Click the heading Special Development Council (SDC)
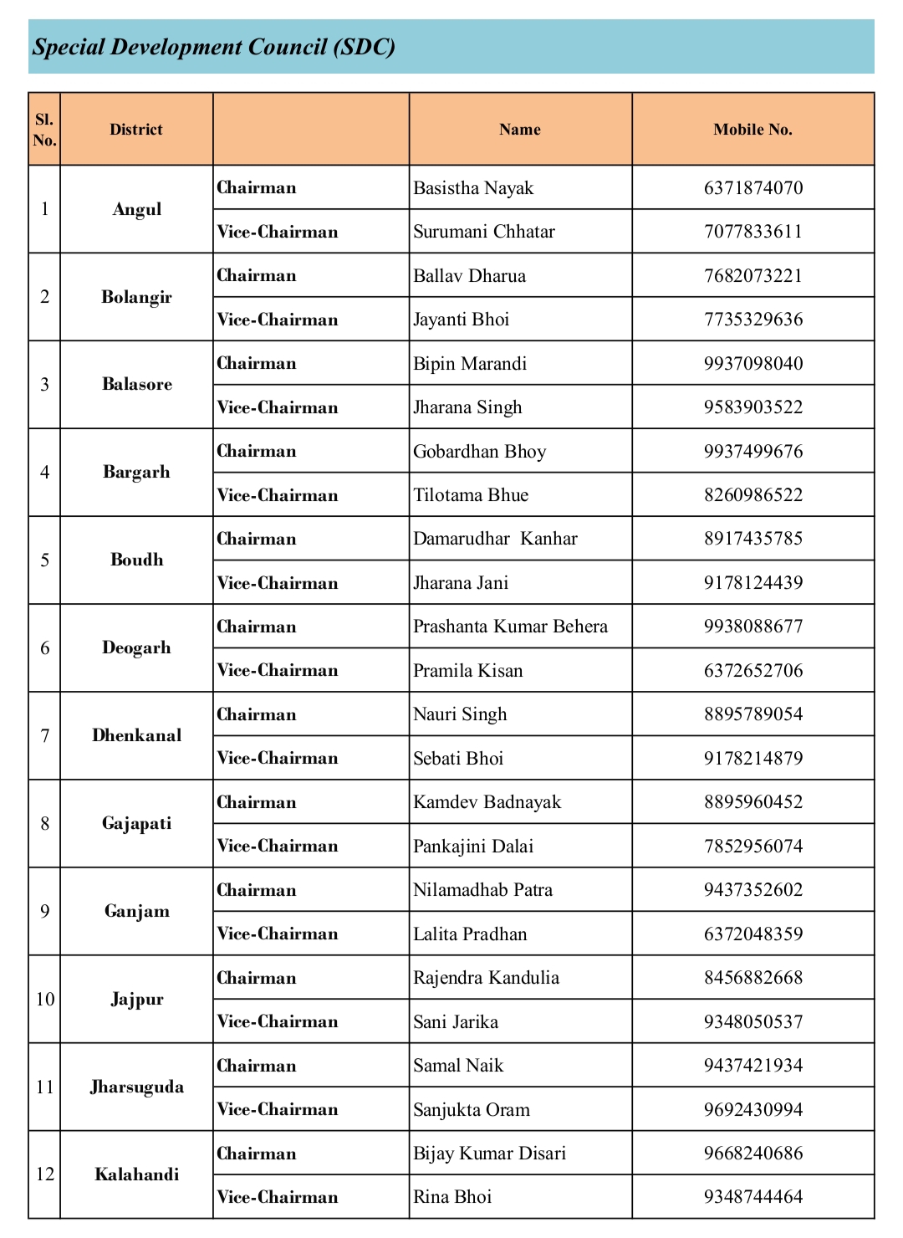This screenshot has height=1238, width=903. (214, 47)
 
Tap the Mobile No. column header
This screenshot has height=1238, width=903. (752, 130)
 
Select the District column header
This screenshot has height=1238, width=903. (136, 130)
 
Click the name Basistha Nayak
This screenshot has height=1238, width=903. (473, 188)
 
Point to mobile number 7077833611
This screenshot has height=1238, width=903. (752, 232)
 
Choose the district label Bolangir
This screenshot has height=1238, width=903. (136, 297)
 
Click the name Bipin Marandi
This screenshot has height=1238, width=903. (470, 364)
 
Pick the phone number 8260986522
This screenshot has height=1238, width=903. (752, 495)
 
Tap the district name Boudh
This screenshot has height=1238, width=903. (136, 560)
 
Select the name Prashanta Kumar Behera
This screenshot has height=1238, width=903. (510, 627)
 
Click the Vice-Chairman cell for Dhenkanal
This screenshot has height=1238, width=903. (278, 758)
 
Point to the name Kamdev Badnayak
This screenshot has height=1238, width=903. (487, 802)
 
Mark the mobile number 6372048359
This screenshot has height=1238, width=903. (752, 934)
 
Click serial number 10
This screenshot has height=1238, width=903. (45, 1000)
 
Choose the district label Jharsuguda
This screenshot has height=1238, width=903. (136, 1087)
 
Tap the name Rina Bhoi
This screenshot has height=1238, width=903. (452, 1197)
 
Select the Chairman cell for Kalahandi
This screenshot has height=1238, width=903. (257, 1154)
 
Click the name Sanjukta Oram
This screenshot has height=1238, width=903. (472, 1110)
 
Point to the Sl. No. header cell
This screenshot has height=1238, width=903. (45, 130)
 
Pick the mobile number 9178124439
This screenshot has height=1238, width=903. (752, 583)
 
